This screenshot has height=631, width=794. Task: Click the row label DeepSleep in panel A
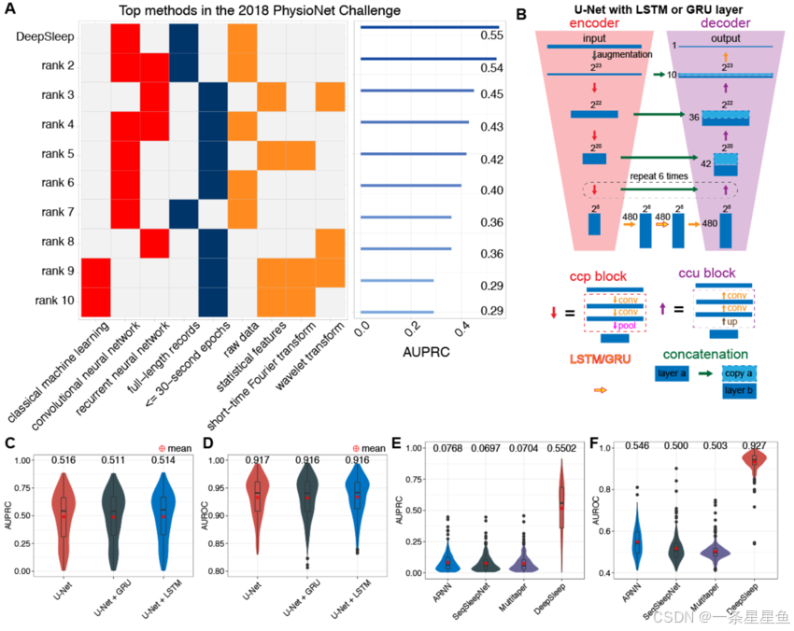point(45,37)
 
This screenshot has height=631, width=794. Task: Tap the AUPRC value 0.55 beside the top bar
point(491,35)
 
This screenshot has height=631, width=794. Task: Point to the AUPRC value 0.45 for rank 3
point(491,93)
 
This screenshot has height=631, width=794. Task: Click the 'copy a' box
point(740,372)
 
